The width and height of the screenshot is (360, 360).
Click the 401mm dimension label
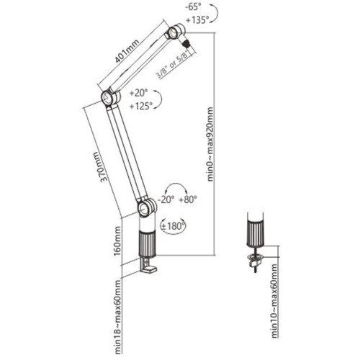[127, 50]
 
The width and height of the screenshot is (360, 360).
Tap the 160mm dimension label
[117, 241]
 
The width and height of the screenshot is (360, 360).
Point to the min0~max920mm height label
[210, 144]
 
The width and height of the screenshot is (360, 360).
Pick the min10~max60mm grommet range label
[274, 301]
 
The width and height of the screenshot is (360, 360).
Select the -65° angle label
[193, 7]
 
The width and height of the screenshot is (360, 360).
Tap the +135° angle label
[196, 19]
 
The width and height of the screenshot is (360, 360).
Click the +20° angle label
[138, 93]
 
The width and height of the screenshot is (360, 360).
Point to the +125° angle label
[141, 106]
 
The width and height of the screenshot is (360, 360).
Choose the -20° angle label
[166, 199]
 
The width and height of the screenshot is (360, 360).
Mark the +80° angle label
[188, 199]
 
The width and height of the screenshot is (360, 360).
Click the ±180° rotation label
[174, 226]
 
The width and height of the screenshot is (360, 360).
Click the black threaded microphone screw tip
[186, 44]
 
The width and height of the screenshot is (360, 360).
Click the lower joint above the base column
[147, 207]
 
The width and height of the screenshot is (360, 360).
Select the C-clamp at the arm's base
[148, 265]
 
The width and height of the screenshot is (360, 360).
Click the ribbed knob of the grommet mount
[256, 234]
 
